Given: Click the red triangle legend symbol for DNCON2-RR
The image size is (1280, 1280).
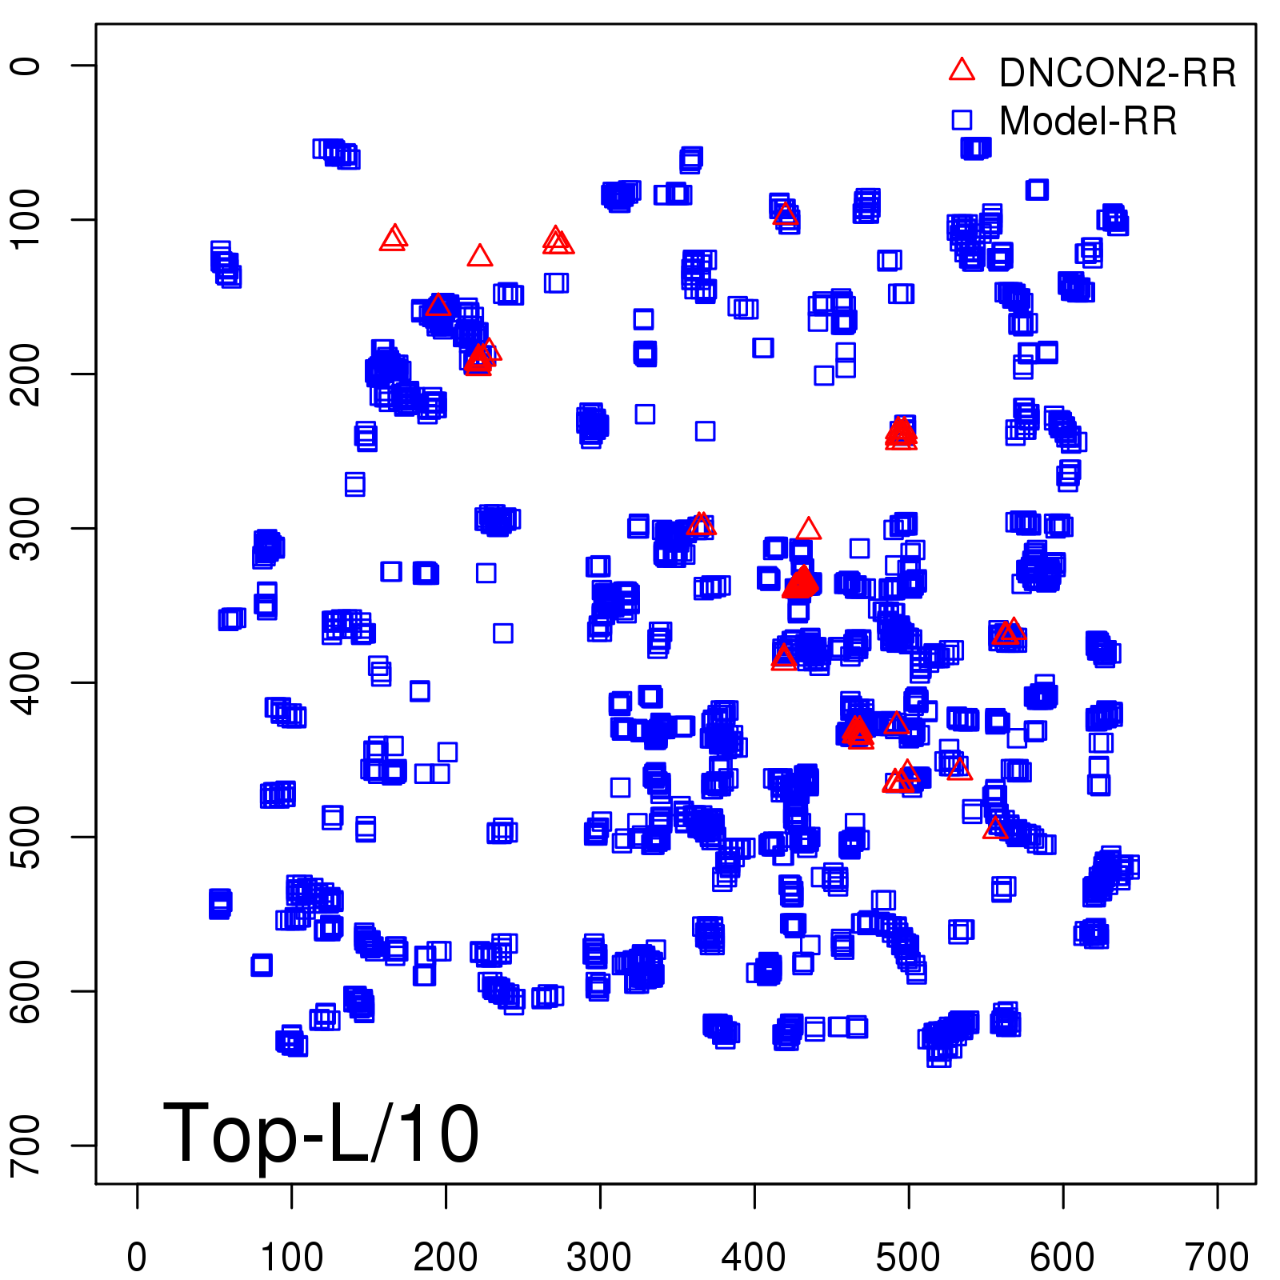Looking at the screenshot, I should [x=962, y=70].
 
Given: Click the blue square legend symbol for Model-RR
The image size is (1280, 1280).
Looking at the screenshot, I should [x=962, y=120].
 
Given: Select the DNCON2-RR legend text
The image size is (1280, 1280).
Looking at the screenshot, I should [x=1118, y=74].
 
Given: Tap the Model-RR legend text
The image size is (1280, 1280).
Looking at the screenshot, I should [x=1088, y=122].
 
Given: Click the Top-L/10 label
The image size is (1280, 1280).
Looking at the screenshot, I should [x=320, y=1133].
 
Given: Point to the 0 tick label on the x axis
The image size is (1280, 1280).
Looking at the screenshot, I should [x=137, y=1257].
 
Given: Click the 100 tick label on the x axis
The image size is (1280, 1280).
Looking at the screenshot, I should [x=291, y=1257].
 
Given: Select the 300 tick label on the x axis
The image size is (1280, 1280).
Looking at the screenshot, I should [x=600, y=1257].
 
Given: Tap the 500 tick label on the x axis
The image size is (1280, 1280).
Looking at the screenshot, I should [x=908, y=1257].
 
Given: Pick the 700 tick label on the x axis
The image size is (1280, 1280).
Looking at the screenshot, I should [x=1217, y=1257].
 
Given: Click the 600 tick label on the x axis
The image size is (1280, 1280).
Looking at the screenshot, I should [x=1062, y=1257].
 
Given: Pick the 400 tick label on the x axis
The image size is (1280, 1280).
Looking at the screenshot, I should [x=754, y=1257].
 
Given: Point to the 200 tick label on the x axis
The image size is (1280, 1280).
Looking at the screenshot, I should [x=446, y=1257].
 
